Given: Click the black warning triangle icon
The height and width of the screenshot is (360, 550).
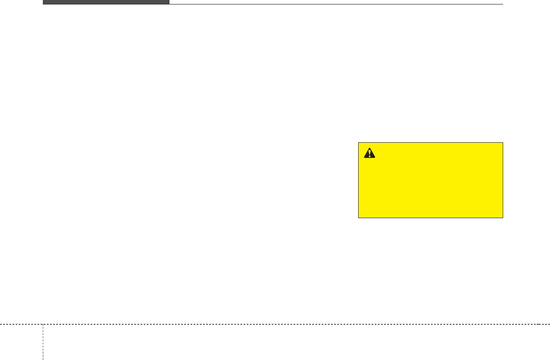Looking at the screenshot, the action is [370, 153].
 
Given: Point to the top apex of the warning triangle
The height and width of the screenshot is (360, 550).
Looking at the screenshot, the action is [370, 148].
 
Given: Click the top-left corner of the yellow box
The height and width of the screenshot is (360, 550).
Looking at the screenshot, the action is [359, 143].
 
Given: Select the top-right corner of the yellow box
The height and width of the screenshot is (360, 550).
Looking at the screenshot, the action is [503, 143].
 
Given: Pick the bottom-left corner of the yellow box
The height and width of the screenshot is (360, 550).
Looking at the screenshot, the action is [359, 217].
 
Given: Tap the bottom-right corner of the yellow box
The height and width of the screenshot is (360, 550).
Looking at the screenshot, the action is [503, 217].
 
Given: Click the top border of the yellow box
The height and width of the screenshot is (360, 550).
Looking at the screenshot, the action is [430, 143].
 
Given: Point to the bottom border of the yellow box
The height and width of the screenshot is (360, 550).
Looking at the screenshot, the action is [430, 218].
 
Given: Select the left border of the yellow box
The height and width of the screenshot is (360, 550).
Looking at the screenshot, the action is [359, 180].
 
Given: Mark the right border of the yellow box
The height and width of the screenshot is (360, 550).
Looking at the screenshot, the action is [503, 180].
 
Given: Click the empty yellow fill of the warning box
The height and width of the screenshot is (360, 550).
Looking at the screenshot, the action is [430, 187].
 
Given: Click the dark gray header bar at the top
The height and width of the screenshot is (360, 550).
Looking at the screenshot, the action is [106, 2].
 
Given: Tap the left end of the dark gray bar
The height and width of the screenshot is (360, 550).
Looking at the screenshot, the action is [43, 2].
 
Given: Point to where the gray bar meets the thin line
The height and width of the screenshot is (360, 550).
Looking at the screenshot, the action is [170, 4].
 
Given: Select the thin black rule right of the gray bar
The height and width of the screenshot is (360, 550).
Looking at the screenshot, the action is [335, 4].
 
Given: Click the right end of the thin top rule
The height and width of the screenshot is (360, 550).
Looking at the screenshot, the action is [502, 4].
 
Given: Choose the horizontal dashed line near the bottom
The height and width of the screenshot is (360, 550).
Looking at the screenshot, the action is [268, 324].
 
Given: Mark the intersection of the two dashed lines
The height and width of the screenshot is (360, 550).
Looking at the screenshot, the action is [43, 324].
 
